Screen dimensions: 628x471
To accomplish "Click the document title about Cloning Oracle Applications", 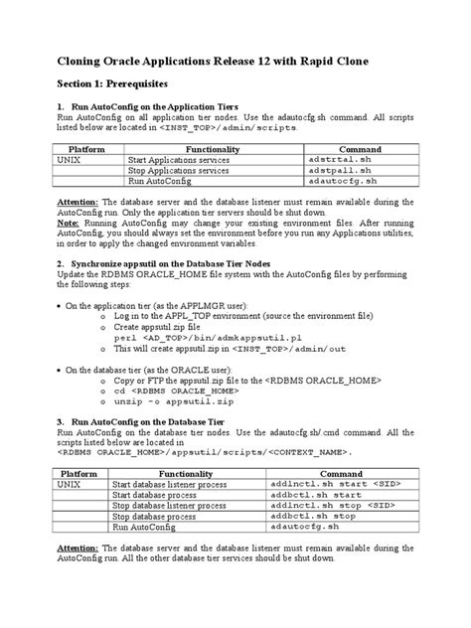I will tap(212, 62).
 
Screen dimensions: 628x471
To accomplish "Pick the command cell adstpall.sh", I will tap(337, 170).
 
